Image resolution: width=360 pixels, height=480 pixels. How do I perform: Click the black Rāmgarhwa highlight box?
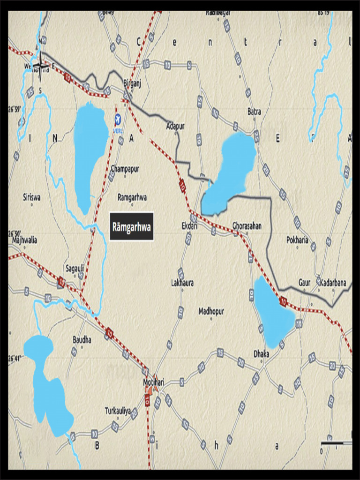click(x=132, y=227)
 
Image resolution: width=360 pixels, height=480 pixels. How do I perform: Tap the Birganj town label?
click(x=132, y=83)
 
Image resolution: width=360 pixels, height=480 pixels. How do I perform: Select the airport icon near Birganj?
click(x=117, y=118)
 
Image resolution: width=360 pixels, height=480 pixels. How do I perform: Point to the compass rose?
click(x=40, y=67)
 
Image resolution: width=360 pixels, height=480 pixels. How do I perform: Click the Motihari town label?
click(x=153, y=382)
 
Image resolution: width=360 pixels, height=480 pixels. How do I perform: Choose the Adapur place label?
click(x=175, y=126)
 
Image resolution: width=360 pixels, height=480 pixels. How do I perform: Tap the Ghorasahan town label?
click(x=247, y=225)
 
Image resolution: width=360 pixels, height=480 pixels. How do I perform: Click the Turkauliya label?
click(x=118, y=411)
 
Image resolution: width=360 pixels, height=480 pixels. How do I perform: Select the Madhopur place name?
click(x=211, y=311)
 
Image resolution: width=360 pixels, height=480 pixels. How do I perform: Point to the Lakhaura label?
click(x=182, y=283)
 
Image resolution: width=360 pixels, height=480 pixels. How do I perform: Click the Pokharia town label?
click(x=297, y=240)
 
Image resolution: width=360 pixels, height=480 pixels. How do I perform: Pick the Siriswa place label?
click(x=32, y=197)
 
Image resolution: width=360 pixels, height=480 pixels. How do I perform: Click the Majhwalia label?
click(x=23, y=240)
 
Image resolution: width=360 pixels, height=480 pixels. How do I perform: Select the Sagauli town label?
click(x=75, y=269)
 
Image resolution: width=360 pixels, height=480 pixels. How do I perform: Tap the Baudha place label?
click(x=82, y=339)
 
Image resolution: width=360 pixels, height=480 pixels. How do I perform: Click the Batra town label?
click(x=254, y=112)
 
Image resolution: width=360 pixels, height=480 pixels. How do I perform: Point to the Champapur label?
click(x=125, y=168)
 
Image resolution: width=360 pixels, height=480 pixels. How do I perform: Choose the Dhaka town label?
click(x=261, y=354)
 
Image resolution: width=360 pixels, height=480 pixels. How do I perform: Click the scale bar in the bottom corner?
click(x=336, y=443)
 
